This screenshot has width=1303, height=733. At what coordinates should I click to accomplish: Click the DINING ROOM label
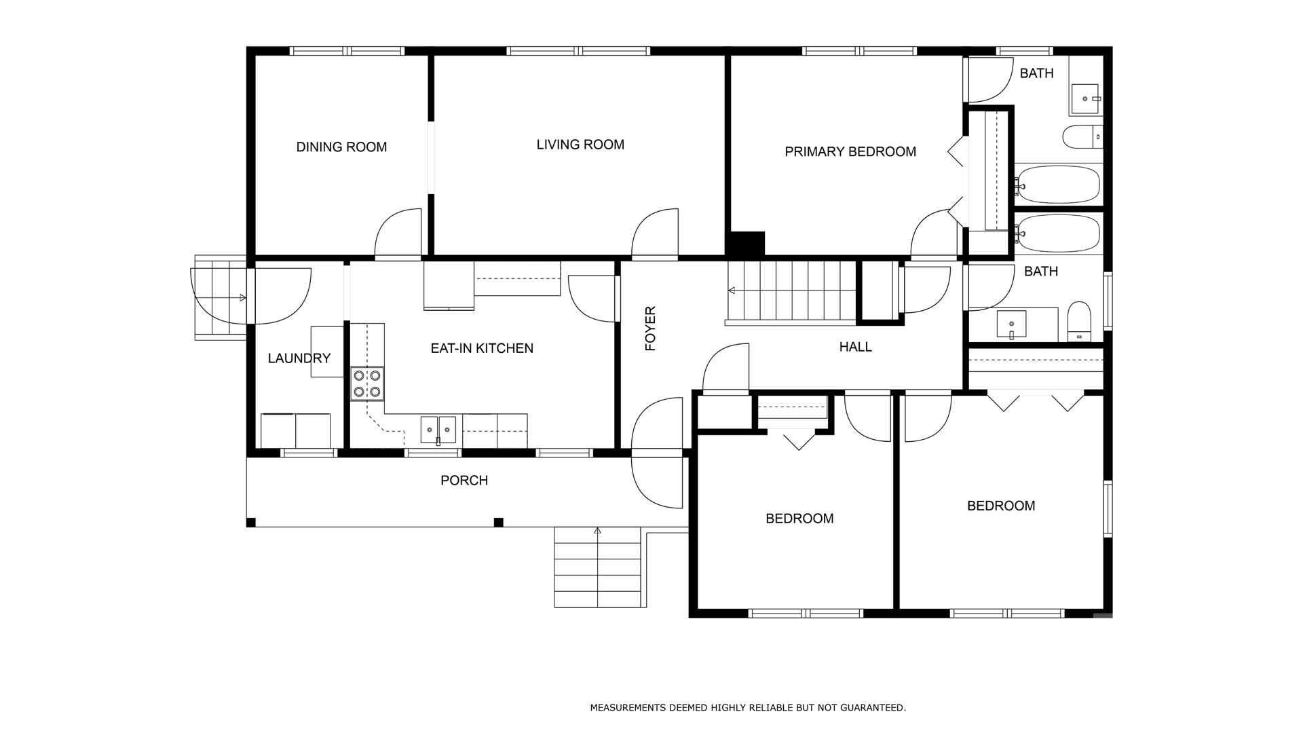point(341,147)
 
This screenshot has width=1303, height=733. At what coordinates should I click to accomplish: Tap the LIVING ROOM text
point(580,145)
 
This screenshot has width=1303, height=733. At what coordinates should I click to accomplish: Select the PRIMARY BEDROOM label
point(850,151)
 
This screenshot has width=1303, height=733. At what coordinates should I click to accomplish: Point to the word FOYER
point(650,329)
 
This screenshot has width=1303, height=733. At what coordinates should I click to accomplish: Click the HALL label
point(855,347)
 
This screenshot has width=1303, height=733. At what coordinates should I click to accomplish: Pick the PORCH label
point(464,481)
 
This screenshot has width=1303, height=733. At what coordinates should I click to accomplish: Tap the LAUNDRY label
point(299,358)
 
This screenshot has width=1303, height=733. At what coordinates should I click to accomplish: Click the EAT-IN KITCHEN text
point(482,348)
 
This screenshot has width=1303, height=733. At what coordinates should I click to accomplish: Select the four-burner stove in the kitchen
point(367,383)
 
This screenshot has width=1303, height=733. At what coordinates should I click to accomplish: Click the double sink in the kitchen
point(438,430)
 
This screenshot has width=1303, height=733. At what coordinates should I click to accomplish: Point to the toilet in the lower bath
point(1078,322)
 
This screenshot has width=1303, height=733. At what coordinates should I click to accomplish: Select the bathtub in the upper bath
point(1057,184)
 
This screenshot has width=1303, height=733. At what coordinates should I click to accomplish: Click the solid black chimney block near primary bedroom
point(745,244)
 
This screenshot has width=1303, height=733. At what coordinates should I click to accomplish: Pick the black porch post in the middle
point(498,522)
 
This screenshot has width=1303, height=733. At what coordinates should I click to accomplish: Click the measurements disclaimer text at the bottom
point(748,708)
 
